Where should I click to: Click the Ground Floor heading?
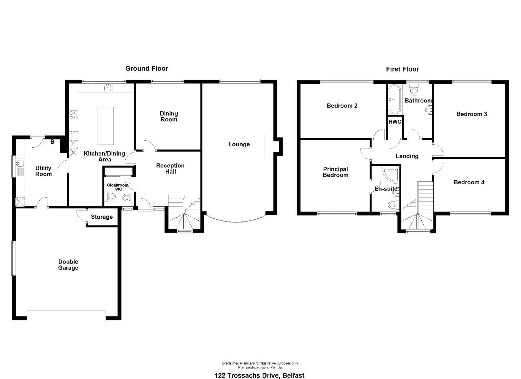(147, 68)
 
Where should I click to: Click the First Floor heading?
(402, 69)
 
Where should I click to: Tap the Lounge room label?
(239, 144)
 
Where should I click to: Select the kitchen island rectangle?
(106, 126)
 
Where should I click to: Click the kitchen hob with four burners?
(73, 115)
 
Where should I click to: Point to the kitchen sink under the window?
(103, 88)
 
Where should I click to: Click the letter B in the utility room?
(53, 142)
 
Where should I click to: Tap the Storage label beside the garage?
(102, 217)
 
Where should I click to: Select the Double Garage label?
(68, 265)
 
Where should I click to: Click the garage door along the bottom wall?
(66, 316)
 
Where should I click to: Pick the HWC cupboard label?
(395, 122)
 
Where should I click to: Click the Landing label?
(407, 156)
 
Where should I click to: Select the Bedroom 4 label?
(469, 182)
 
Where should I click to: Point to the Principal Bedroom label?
(335, 172)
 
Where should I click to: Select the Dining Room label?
(169, 117)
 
